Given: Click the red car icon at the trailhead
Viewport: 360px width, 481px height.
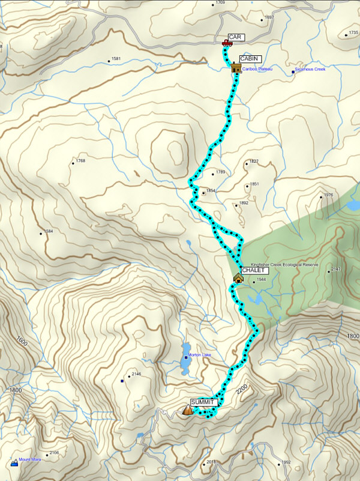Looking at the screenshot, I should coord(227,43).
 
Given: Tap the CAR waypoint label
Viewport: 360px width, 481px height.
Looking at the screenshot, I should coord(235,37).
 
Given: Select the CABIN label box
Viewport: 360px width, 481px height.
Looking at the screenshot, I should coord(249,59).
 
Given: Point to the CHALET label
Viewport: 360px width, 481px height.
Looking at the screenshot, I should coord(254,271).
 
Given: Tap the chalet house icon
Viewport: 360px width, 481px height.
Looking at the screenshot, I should coord(238,278).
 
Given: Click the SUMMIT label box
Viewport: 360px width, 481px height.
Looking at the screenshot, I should coord(202,402).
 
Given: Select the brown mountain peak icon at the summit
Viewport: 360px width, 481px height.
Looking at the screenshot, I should coord(188,410).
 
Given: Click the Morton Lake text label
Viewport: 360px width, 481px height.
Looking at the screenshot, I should coord(200,355).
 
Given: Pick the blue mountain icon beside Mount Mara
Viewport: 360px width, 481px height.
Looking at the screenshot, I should coord(14,462).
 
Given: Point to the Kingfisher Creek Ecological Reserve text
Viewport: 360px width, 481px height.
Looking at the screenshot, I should coord(284,264).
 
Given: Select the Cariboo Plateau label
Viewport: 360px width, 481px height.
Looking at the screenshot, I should coord(257,69).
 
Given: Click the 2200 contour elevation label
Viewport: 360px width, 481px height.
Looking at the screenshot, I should coord(242,390).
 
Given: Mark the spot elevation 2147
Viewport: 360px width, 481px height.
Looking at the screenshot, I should coord(335,270).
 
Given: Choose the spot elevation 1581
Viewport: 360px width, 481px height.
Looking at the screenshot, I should coord(116,59).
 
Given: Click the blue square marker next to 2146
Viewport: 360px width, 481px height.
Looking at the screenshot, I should coord(122,381).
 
